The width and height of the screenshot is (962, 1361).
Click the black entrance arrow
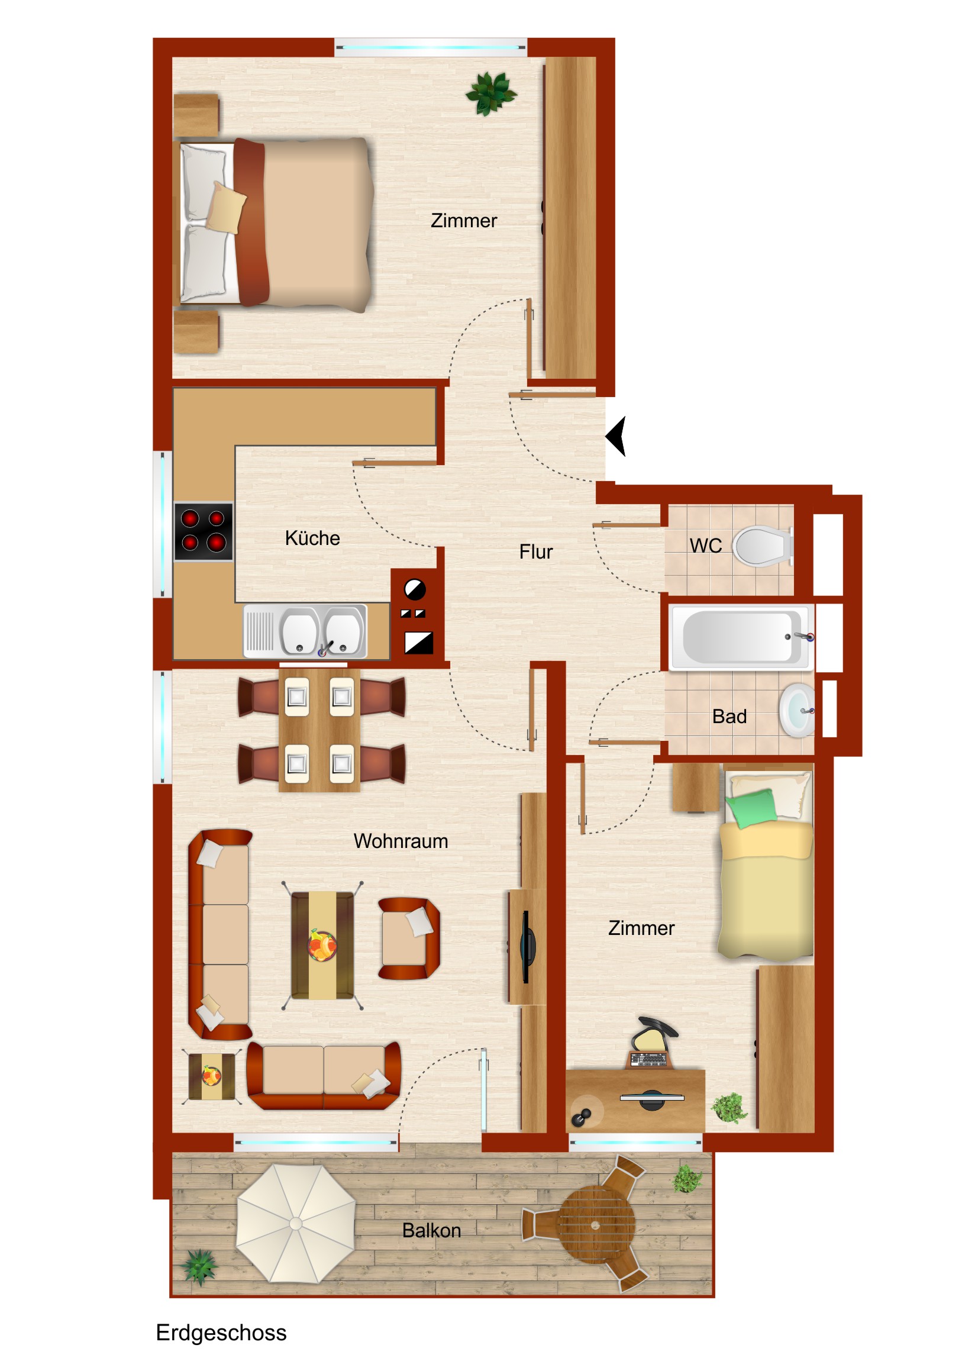616,436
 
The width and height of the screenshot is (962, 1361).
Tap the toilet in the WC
763,546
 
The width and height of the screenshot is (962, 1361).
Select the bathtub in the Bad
741,637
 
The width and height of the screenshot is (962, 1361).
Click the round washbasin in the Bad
797,710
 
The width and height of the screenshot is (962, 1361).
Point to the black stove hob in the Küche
204,531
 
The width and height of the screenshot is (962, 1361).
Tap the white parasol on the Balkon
296,1223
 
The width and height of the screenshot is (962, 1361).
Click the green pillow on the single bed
751,808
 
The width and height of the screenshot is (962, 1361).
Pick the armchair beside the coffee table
409,938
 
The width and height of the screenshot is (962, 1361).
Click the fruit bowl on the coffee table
322,945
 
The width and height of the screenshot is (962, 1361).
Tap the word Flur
536,552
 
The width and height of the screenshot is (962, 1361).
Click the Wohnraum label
401,841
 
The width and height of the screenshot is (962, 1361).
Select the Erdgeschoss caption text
221,1333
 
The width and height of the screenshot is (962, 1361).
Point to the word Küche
312,538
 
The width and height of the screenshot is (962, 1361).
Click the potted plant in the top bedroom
491,93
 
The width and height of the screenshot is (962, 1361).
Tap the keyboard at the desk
649,1059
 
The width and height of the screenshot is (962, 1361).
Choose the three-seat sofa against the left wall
221,935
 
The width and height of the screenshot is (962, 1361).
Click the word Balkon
431,1231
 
